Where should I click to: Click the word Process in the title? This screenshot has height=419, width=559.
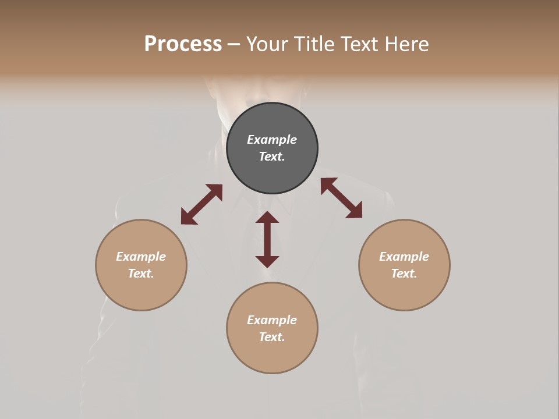pos(183,44)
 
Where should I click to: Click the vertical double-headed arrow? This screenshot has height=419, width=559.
pos(267,240)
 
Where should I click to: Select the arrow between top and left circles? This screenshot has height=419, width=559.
pos(201,204)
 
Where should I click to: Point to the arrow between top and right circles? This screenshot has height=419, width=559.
pos(341,198)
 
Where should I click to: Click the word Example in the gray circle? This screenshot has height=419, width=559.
pos(272,140)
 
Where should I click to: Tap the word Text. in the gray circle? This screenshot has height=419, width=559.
pos(272,157)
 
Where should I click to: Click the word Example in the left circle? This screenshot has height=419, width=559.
pos(141,257)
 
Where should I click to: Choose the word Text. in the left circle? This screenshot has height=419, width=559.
pos(141,274)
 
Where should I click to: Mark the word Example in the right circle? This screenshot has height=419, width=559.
pos(404,257)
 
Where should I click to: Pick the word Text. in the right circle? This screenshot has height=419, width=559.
pos(404,274)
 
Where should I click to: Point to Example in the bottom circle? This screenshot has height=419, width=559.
pos(272,320)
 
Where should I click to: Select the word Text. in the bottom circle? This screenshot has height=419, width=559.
pos(272,337)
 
